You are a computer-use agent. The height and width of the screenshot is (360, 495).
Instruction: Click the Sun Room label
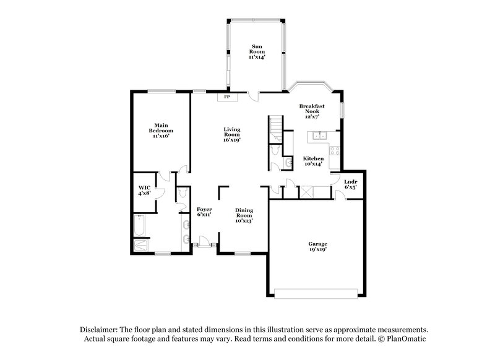click(256, 51)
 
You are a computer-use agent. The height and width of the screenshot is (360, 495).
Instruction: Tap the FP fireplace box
click(227, 97)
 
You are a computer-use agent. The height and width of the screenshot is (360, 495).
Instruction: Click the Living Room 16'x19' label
click(232, 134)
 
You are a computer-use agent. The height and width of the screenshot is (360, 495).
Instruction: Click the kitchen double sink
click(321, 136)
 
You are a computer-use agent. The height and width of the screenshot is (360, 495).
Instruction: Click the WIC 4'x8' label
click(145, 191)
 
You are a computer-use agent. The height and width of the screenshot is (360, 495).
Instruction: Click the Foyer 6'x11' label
click(204, 212)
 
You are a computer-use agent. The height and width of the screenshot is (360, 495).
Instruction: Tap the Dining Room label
click(244, 215)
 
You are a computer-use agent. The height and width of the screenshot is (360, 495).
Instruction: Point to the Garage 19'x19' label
click(317, 246)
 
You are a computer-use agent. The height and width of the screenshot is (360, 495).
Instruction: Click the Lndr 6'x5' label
click(350, 184)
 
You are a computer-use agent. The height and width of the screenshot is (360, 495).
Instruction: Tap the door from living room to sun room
click(252, 95)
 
